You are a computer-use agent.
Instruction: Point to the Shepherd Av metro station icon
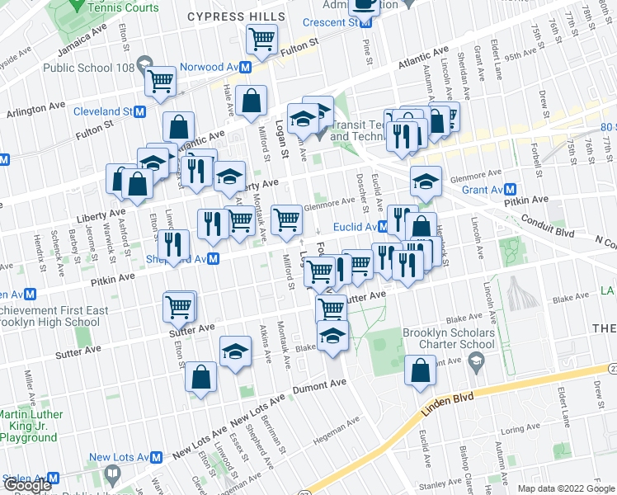tap(214, 259)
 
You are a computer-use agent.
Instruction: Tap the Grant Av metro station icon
tap(511, 189)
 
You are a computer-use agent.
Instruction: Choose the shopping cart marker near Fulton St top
tap(262, 39)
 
